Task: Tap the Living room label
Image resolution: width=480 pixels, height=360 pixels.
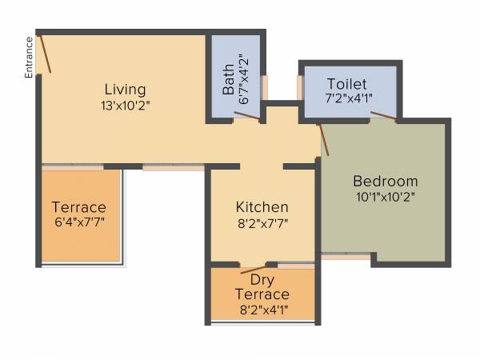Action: point(125,89)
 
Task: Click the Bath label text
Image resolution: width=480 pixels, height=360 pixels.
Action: point(228,81)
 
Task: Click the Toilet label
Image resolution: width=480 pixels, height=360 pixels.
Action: point(346,84)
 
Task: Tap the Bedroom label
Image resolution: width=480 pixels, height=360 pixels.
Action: point(386,181)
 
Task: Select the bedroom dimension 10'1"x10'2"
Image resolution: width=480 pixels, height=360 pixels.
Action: point(386,195)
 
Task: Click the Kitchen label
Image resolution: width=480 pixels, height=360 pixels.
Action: point(262,207)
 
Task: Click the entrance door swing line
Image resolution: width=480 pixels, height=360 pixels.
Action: point(46,53)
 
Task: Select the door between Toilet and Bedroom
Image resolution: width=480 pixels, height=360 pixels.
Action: point(382,117)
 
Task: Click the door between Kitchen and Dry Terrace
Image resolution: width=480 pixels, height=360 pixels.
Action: point(254,267)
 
